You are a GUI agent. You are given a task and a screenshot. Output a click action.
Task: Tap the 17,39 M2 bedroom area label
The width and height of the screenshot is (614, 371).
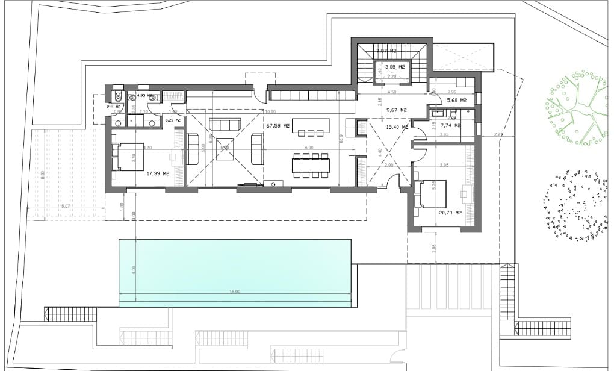(x=158, y=173)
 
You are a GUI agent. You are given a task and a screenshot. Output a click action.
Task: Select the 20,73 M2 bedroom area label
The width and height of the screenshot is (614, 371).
(x=450, y=213)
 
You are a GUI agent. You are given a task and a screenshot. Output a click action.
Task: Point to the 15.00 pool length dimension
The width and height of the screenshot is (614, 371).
(x=234, y=291)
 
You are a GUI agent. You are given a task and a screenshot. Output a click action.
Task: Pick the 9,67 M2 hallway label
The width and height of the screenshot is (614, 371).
(x=396, y=110)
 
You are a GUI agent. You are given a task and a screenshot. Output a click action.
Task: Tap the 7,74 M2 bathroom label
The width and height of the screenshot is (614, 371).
(x=450, y=125)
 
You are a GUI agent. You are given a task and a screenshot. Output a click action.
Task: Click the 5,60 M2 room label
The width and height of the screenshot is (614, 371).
(x=457, y=100)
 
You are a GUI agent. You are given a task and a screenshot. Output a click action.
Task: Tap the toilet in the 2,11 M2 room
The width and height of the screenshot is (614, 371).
(x=118, y=96)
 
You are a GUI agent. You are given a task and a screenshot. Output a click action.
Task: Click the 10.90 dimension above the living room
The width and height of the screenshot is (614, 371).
(x=270, y=111)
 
